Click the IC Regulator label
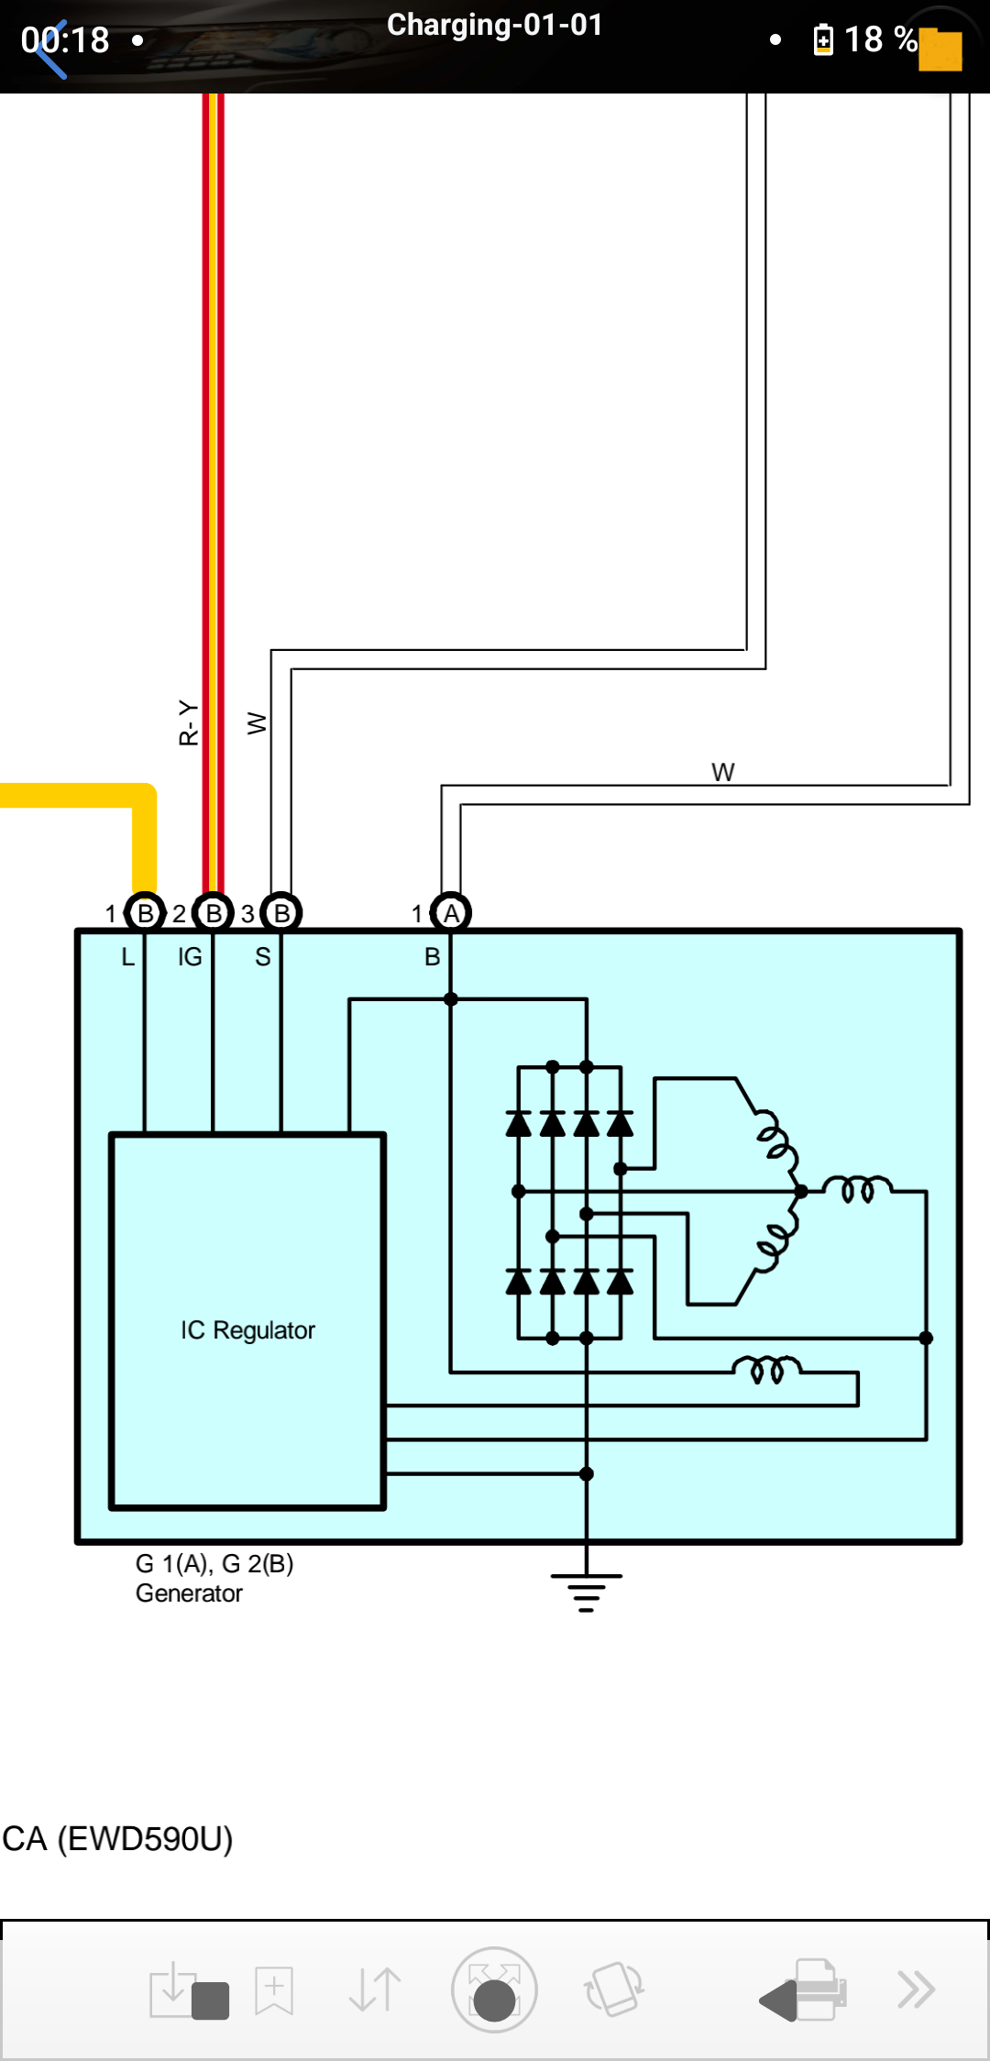point(247,1330)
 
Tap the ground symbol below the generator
point(587,1593)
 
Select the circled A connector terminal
point(451,913)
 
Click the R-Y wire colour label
point(188,722)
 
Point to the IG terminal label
point(190,957)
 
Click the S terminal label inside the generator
point(263,957)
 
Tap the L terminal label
point(128,957)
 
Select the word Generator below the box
point(189,1593)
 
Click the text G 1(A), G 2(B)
point(214,1563)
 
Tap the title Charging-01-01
point(495,25)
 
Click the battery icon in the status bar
point(823,39)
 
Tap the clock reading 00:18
point(65,39)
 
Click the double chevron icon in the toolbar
point(916,1989)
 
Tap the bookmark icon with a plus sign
point(274,1990)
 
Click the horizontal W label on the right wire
point(722,772)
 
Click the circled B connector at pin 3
point(281,913)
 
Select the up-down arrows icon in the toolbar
point(375,1989)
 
